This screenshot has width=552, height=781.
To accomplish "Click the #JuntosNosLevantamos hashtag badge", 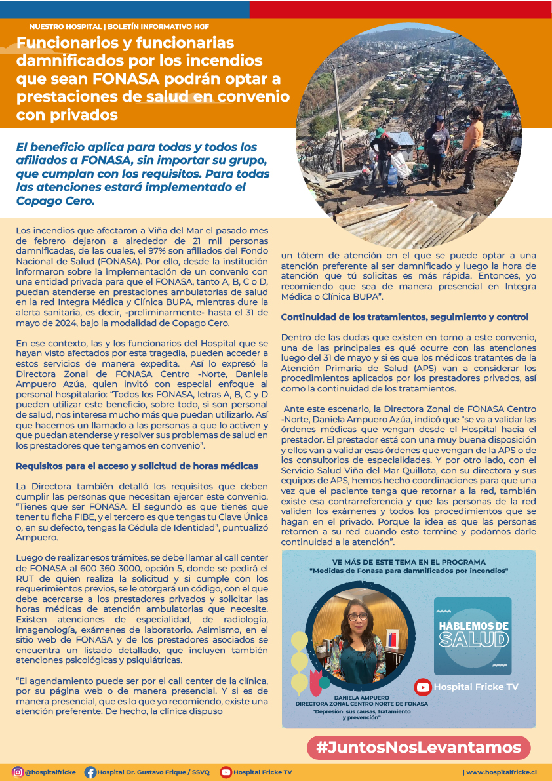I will tap(419, 748).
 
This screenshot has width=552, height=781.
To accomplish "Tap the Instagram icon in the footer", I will tap(18, 772).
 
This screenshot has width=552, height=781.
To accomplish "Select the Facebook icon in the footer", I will tap(90, 772).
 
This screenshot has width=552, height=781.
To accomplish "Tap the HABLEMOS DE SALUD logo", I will tap(473, 635).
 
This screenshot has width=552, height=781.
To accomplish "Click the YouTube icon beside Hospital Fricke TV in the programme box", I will tap(423, 687).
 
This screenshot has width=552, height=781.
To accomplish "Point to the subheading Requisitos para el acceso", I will tap(136, 466).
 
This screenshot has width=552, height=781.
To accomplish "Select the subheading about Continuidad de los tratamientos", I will tap(404, 317).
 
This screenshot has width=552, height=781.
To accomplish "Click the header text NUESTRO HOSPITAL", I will tap(65, 27).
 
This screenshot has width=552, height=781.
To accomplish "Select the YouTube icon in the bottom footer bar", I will tap(226, 772).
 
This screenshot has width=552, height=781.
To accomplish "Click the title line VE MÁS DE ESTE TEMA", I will tap(408, 562).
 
